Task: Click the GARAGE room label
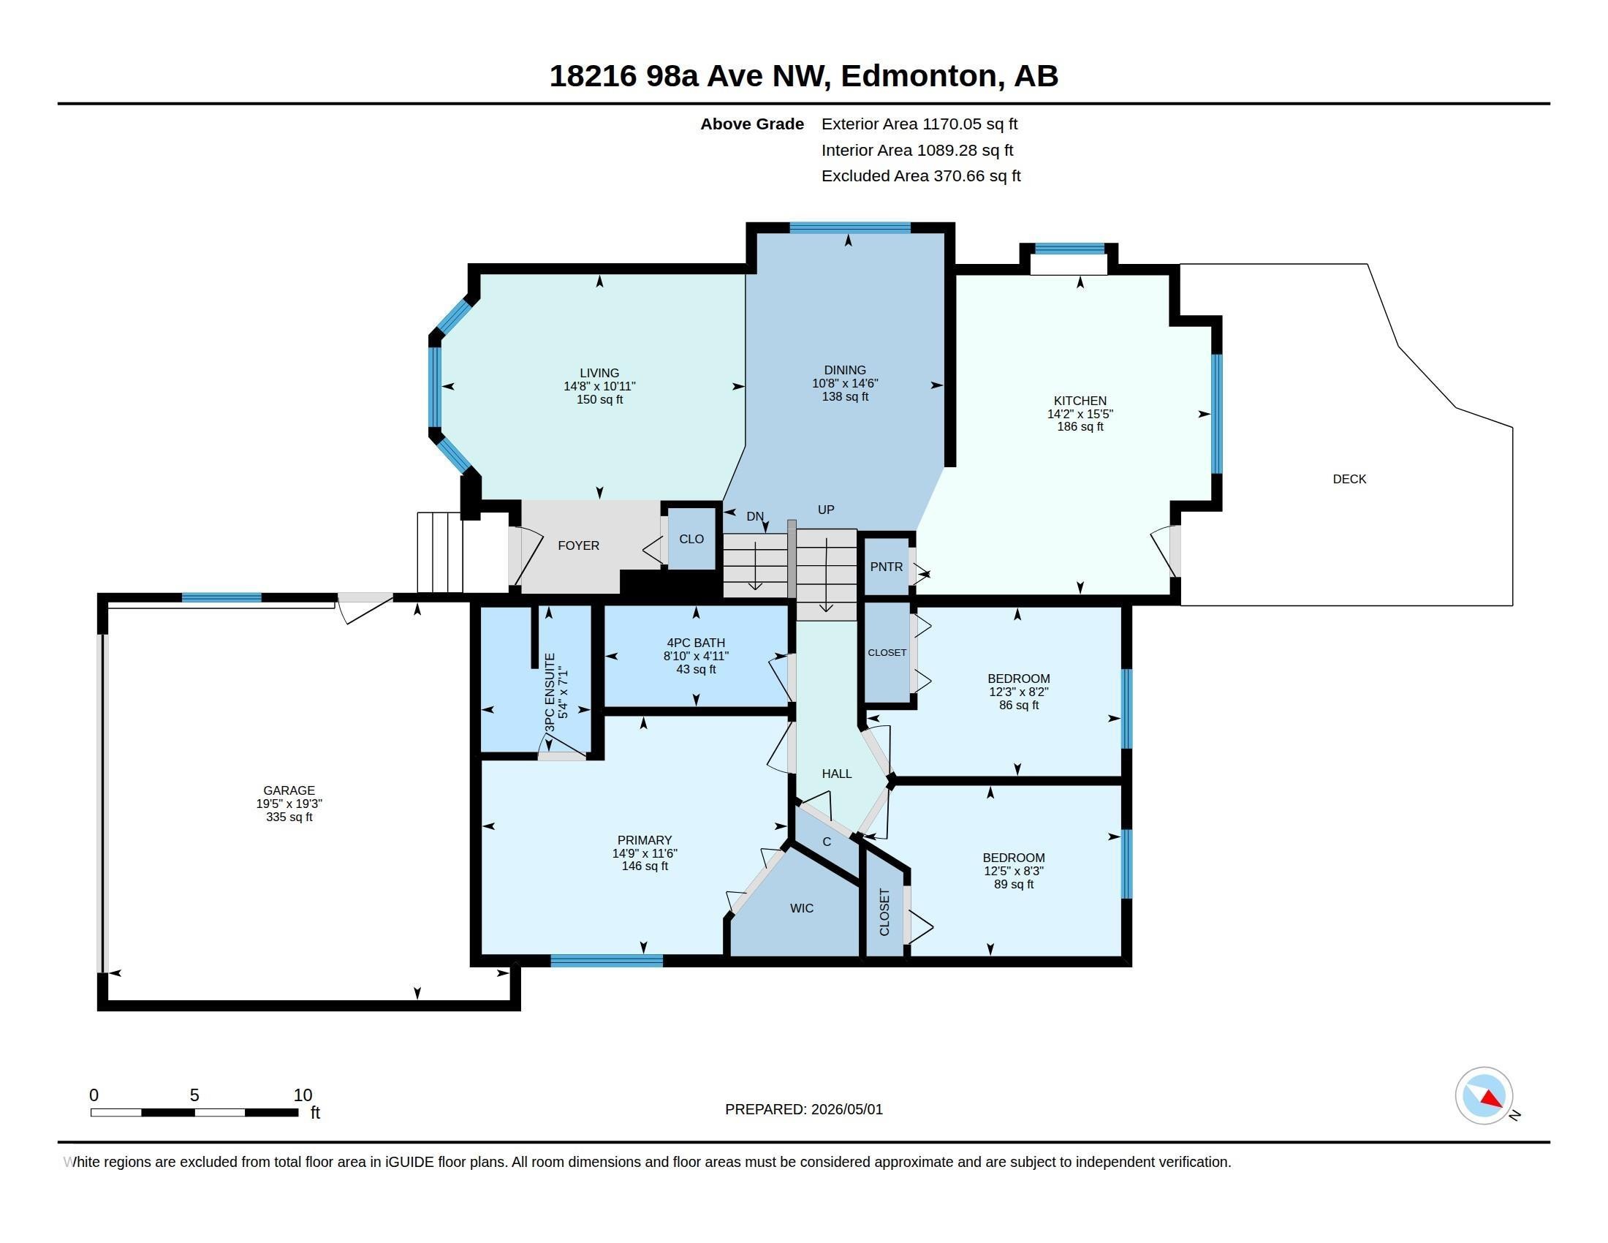coord(289,790)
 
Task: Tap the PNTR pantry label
coord(886,567)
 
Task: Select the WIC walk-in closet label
coord(802,908)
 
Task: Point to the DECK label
coord(1349,479)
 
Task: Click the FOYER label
coord(578,545)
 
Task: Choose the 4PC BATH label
coord(696,643)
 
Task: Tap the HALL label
coord(836,773)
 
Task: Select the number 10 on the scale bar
coord(303,1095)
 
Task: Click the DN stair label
coord(755,516)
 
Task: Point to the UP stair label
coord(825,510)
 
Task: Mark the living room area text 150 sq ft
coord(599,400)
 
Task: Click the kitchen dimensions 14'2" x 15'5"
coord(1080,414)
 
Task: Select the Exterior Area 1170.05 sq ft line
coord(919,124)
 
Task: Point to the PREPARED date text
coord(803,1109)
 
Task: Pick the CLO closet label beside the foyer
coord(691,539)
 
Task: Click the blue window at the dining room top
coord(849,227)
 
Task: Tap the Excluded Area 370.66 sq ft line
coord(920,176)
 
